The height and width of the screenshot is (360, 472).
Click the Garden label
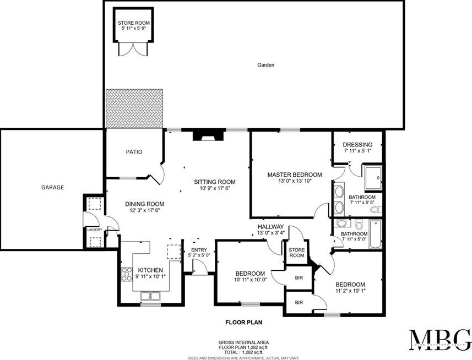point(265,65)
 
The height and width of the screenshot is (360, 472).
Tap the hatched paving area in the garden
point(135,108)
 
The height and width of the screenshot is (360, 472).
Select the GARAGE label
point(52,188)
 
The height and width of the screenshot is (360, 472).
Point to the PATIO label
point(134,152)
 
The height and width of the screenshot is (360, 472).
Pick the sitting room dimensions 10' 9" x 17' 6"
point(214,189)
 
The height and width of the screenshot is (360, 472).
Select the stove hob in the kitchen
point(127,273)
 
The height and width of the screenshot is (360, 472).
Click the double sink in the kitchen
point(150,296)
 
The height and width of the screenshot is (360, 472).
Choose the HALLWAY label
point(270,227)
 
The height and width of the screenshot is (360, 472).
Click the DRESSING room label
point(357,145)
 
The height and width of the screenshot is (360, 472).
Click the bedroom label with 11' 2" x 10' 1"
point(350,284)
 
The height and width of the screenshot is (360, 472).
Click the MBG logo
point(439,340)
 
